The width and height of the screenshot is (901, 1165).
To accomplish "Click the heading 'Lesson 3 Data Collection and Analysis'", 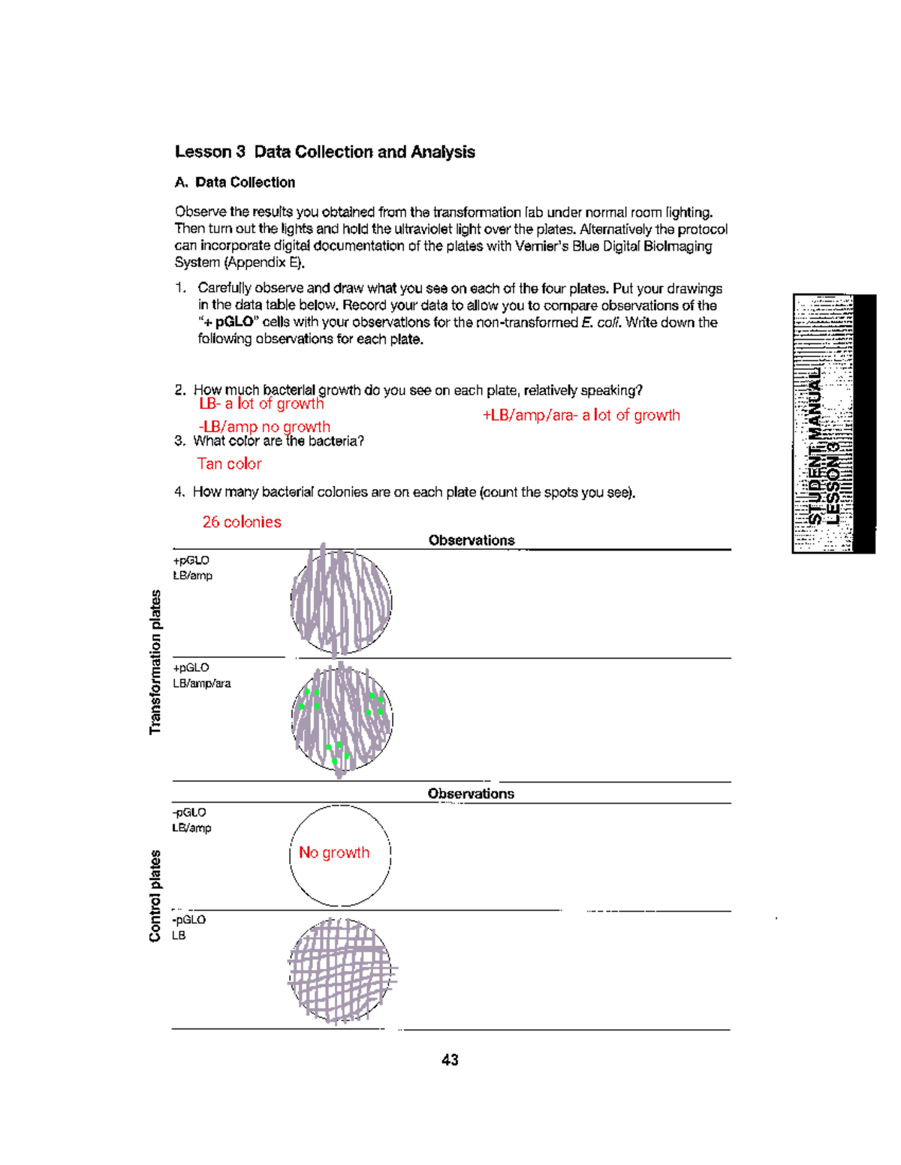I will point(324,152).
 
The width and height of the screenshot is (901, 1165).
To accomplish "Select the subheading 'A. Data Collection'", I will point(234,182).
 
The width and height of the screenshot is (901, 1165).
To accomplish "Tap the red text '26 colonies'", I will point(242,522).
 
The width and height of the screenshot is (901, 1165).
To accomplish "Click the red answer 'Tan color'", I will point(229,464).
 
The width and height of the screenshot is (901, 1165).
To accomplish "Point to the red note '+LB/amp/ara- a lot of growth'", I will point(581,416).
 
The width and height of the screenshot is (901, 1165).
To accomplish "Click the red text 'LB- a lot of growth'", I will point(261,404).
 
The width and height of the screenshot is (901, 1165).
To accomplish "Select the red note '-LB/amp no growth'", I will point(264,427).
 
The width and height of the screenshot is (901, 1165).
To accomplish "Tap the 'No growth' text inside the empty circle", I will point(334,853).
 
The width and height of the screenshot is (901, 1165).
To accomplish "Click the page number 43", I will point(450,1060).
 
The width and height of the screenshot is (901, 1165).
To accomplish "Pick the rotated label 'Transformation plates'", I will point(155,662).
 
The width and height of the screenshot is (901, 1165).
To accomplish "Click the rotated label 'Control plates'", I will point(155,896).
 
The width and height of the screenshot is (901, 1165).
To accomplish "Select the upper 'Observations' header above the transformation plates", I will point(472,541).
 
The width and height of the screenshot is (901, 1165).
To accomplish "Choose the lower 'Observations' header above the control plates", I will point(471,794).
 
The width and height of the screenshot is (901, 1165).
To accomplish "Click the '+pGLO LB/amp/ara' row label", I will point(201,676).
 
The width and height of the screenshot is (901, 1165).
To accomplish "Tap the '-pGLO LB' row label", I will point(188,927).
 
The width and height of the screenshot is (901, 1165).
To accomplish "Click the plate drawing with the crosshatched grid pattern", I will point(341,971).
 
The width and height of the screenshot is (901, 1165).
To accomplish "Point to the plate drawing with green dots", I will point(342,720).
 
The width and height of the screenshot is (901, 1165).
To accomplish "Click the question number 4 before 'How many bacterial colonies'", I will point(179,492).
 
